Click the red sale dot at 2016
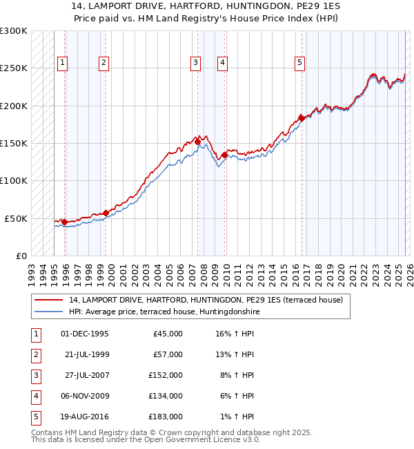pyautogui.click(x=302, y=118)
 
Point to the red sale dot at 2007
pyautogui.click(x=198, y=142)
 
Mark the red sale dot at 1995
pyautogui.click(x=64, y=222)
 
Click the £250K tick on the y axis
pyautogui.click(x=14, y=68)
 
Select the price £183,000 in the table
pyautogui.click(x=166, y=417)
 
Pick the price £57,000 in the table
pyautogui.click(x=168, y=354)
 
